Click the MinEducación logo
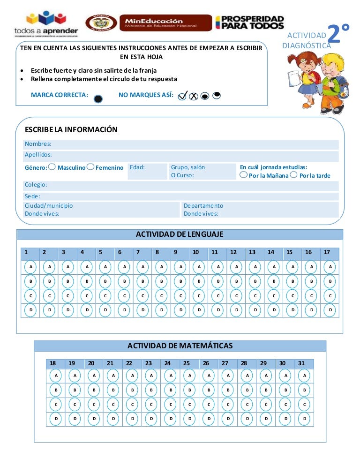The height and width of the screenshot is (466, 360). coord(165,23)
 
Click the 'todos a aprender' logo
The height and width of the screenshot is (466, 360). coord(46,23)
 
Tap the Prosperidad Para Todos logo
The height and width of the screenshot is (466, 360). coord(249,23)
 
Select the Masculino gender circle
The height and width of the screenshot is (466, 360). coord(52,167)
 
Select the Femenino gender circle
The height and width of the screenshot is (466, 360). coord(90,167)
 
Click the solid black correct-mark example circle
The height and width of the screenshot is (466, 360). coord(98,99)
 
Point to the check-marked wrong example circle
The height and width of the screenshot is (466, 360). coord(183,96)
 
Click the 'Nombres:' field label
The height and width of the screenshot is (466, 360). coord(38,144)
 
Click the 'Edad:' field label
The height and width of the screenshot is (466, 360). coord(137,167)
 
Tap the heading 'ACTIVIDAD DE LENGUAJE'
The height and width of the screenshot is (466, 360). coord(180,234)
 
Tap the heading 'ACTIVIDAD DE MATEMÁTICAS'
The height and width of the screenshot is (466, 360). coord(180,346)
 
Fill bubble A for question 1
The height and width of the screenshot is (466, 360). coord(30,267)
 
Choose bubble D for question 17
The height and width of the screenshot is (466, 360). coord(330,310)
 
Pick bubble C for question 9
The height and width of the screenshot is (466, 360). coord(180,296)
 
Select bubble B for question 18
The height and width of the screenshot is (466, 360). coord(56,390)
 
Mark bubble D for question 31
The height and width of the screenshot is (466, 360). coord(305,418)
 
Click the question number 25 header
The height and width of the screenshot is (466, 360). coord(187,363)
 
